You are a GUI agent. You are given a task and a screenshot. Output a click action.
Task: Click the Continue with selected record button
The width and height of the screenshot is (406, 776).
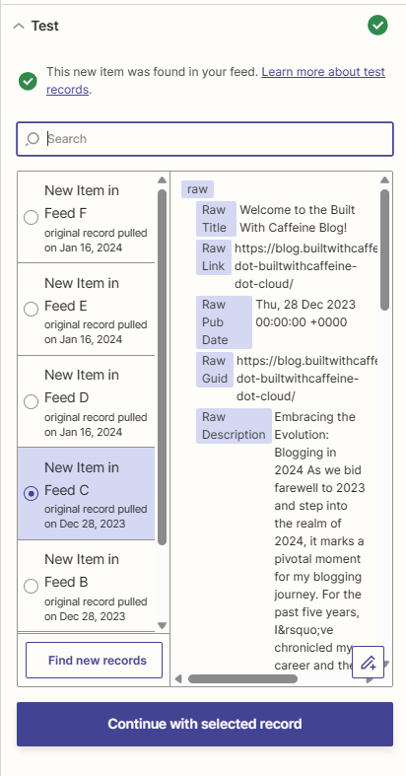pos(205,724)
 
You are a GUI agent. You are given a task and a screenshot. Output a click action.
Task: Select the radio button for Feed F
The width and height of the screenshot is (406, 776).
pos(32,217)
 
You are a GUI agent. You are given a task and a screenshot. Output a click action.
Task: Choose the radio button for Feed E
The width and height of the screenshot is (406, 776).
pos(32,310)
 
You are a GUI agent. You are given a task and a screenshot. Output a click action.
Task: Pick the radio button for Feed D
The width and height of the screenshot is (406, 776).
pos(32,402)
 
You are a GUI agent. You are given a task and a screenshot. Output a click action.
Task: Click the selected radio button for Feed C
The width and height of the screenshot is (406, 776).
pos(32,493)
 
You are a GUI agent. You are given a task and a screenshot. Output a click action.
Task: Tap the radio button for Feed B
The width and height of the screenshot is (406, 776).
pos(32,586)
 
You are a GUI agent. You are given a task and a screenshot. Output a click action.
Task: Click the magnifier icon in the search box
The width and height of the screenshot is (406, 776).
pos(33,139)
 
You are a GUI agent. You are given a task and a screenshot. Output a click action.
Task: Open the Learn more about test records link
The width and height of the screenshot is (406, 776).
pos(216,81)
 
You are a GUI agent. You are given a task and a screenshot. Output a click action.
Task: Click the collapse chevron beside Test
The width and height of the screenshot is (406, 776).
pos(19,26)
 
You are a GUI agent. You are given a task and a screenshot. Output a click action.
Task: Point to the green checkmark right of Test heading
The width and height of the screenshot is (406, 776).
pos(377,26)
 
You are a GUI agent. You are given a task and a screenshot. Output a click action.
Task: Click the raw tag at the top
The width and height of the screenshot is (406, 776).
pos(197,189)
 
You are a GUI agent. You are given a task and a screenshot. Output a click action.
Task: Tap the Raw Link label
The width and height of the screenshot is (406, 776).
pos(213,256)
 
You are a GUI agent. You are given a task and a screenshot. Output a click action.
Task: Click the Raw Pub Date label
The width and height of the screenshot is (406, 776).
pos(224,322)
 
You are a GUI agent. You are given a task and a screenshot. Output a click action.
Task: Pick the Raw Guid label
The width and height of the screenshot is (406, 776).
pos(215,370)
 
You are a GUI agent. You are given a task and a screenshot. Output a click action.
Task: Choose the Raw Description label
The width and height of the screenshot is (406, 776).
pos(234,426)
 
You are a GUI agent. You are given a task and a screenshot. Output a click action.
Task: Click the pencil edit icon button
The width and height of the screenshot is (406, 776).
pos(368,662)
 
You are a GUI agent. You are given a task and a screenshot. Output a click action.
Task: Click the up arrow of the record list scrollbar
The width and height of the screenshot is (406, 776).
pos(162,180)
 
